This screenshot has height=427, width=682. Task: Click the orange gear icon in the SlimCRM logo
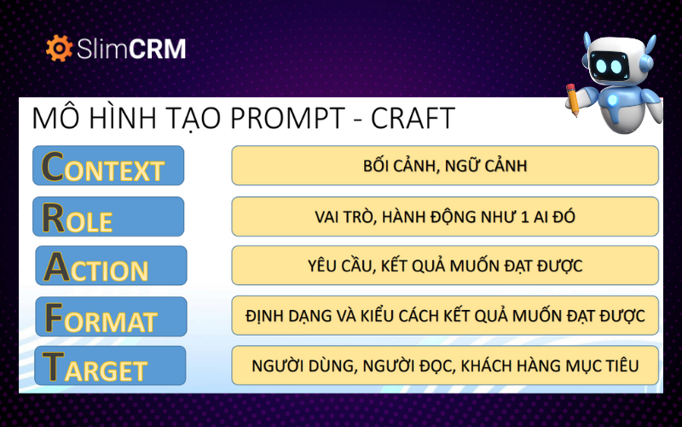pyautogui.click(x=59, y=49)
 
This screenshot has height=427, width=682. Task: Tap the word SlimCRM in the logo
pyautogui.click(x=130, y=49)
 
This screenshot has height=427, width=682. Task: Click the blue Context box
pyautogui.click(x=108, y=166)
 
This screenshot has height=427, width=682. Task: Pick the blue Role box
pyautogui.click(x=108, y=216)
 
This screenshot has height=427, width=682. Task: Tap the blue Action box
pyautogui.click(x=111, y=266)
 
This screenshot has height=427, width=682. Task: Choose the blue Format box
pyautogui.click(x=111, y=316)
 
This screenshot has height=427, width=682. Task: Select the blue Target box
pyautogui.click(x=111, y=366)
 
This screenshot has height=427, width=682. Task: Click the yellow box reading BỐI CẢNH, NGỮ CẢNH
pyautogui.click(x=445, y=166)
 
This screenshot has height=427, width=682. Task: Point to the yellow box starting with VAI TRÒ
pyautogui.click(x=445, y=216)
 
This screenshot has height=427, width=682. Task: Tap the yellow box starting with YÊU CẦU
pyautogui.click(x=445, y=266)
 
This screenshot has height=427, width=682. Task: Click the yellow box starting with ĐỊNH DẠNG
pyautogui.click(x=445, y=316)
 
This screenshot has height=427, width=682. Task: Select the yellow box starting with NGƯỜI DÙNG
pyautogui.click(x=445, y=366)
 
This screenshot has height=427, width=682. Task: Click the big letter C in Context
pyautogui.click(x=54, y=166)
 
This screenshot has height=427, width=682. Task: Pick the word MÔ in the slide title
pyautogui.click(x=49, y=118)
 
